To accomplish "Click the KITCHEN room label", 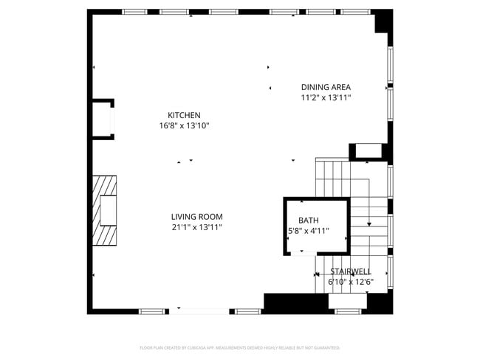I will (184, 115).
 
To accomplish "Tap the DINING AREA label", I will (326, 87).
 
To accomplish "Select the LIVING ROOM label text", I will (196, 217).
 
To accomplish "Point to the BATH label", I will (309, 221).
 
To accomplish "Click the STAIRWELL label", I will (351, 271).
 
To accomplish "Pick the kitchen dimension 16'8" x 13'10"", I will (184, 126).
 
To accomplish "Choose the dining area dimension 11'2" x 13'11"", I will (326, 97).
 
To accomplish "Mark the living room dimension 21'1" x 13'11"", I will (196, 227).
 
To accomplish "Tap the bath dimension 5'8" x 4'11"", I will (309, 231).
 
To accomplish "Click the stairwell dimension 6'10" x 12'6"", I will (351, 281).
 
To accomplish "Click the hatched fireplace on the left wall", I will (104, 210).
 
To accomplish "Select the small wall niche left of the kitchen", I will (102, 119).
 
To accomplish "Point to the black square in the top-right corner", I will (383, 20).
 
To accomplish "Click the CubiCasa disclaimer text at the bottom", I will (239, 347).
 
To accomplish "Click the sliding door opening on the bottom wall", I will (204, 311).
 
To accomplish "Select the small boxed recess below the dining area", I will (367, 151).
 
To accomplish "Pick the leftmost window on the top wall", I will (134, 12).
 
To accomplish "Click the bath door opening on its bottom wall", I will (302, 253).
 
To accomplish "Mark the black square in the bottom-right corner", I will (381, 303).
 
